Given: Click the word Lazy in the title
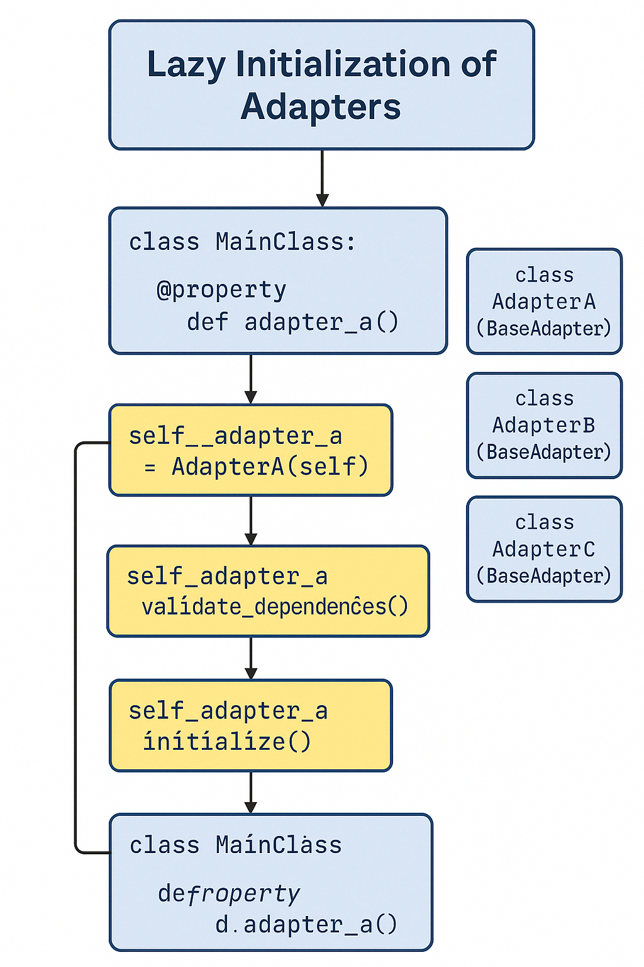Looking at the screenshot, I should click(x=186, y=65).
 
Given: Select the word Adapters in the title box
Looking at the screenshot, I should click(x=321, y=106).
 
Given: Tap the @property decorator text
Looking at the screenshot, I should click(x=221, y=290).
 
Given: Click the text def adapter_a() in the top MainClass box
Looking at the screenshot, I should click(x=292, y=322).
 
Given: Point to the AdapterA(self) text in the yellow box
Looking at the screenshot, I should click(x=270, y=467).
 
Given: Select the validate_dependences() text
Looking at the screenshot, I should click(x=275, y=606).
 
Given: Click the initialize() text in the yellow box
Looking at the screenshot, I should click(x=227, y=741).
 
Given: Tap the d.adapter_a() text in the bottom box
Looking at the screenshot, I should click(x=306, y=924).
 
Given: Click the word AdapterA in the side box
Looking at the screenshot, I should click(x=544, y=302).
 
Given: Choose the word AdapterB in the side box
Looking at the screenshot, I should click(x=544, y=426).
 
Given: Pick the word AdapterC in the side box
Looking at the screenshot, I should click(x=544, y=549).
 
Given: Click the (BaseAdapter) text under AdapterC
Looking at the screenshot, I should click(x=544, y=576).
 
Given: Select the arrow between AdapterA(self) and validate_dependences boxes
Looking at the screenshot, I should click(x=251, y=521).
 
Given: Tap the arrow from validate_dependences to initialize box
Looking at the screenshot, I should click(x=251, y=658).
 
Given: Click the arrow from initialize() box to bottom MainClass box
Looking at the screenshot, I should click(x=251, y=792).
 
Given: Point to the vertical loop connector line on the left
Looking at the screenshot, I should click(x=75, y=648).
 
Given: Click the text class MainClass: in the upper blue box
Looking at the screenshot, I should click(x=242, y=242).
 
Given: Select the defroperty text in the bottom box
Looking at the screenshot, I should click(x=229, y=893).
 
